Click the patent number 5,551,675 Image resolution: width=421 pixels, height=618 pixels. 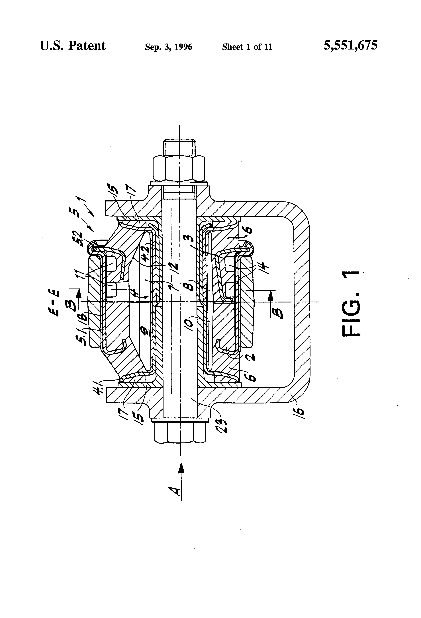pyautogui.click(x=350, y=46)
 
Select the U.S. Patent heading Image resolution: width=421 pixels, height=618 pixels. pyautogui.click(x=73, y=46)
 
